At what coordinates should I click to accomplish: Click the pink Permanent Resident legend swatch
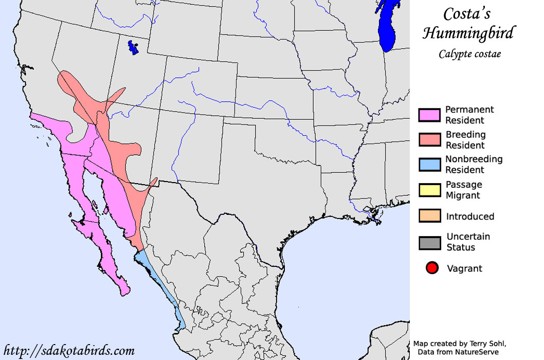point(429,115)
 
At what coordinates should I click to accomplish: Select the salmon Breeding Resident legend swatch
point(429,140)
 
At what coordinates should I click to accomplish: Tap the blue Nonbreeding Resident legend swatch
point(429,165)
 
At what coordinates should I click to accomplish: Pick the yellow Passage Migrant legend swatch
point(429,190)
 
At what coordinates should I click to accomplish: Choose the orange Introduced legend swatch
point(429,216)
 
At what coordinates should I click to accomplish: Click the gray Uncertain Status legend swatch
point(429,242)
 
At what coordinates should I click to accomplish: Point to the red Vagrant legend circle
point(432,268)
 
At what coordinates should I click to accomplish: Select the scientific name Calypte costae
point(469,53)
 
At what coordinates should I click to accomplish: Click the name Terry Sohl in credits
point(484,343)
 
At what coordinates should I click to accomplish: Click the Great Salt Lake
point(133,48)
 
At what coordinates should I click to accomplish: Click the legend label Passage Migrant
point(463,190)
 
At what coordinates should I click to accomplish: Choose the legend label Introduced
point(470,217)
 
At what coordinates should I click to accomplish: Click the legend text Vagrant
point(464,268)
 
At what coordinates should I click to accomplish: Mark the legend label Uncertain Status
point(468,242)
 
